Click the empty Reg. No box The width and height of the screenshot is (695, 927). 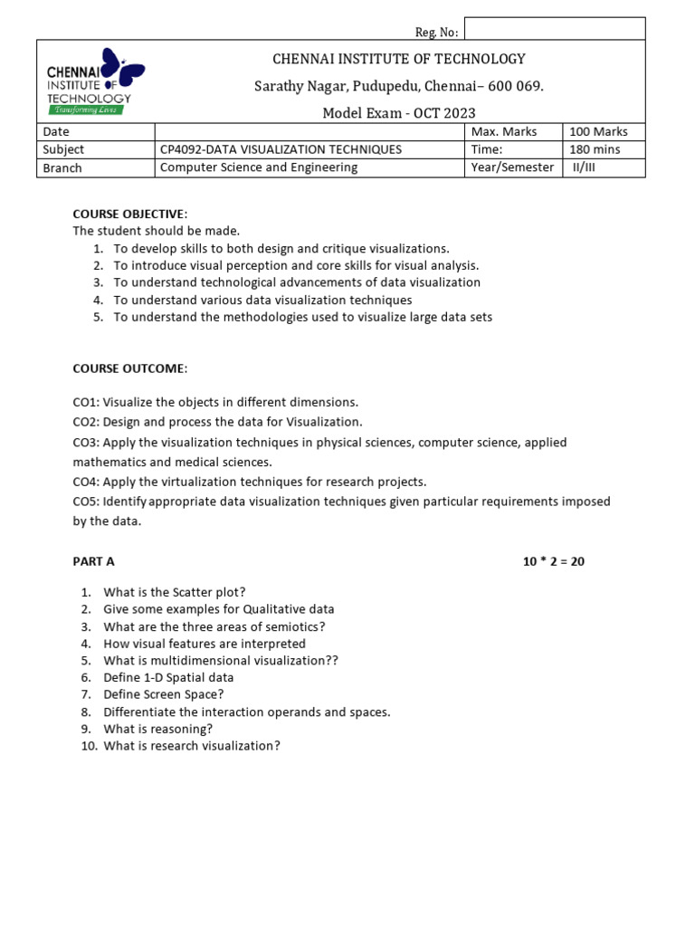point(554,29)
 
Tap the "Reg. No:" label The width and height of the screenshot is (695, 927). point(436,33)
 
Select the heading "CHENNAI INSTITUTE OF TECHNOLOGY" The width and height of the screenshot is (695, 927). point(399,59)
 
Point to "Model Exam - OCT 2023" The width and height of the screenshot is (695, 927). point(399,113)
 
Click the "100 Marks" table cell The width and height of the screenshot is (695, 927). point(598,132)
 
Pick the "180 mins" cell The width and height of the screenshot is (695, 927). point(595,149)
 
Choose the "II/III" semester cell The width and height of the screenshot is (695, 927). point(584,167)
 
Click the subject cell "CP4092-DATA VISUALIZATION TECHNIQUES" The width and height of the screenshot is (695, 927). point(281,149)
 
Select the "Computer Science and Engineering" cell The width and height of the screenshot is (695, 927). point(259,167)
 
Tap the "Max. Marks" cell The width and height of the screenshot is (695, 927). point(504,132)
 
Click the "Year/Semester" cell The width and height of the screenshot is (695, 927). point(512,167)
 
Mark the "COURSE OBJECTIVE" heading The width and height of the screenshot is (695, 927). point(129,214)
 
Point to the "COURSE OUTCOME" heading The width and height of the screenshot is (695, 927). point(129,368)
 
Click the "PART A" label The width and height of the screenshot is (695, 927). point(93,561)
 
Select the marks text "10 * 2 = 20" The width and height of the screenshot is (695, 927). point(554,561)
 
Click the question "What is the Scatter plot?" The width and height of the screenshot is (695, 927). point(175,592)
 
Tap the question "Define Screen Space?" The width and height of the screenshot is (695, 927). point(163,694)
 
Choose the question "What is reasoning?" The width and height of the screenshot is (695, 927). point(158,729)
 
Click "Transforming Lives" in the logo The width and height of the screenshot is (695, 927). point(87,110)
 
